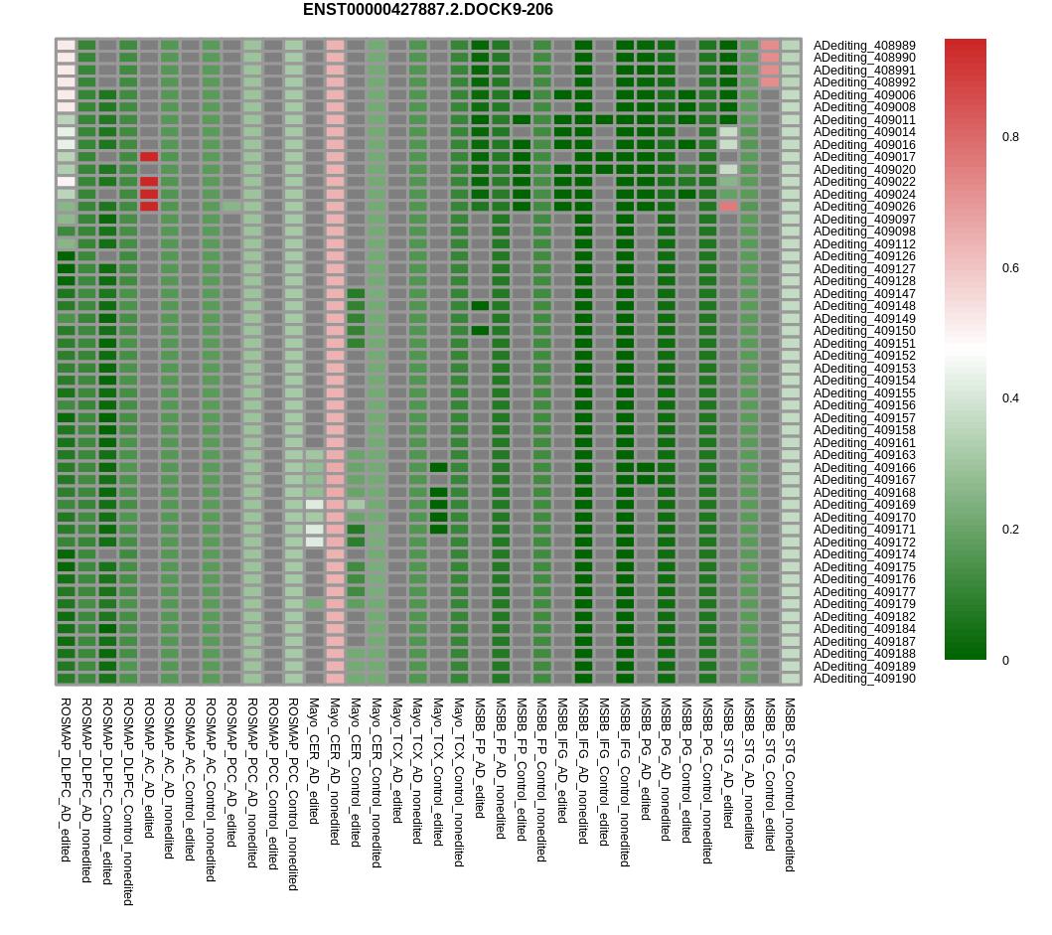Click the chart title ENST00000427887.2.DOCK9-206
tap(427, 10)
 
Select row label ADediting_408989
tap(864, 46)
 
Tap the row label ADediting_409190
tap(864, 679)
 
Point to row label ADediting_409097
tap(864, 220)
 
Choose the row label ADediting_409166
tap(864, 468)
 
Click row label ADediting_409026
tap(864, 207)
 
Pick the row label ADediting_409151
tap(864, 344)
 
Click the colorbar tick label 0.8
tap(1010, 137)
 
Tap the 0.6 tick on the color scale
tap(1010, 268)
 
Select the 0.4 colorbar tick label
tap(1010, 398)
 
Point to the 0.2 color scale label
tap(1010, 530)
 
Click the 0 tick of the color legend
tap(1005, 661)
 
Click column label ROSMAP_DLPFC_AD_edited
tap(66, 779)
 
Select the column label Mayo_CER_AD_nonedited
tap(335, 771)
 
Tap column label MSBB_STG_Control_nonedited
tap(791, 785)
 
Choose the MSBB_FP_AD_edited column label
tap(480, 761)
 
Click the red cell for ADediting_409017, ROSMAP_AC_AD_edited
tap(149, 157)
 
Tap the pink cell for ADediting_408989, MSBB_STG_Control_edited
tap(770, 46)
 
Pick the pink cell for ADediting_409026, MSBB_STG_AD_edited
tap(728, 207)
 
